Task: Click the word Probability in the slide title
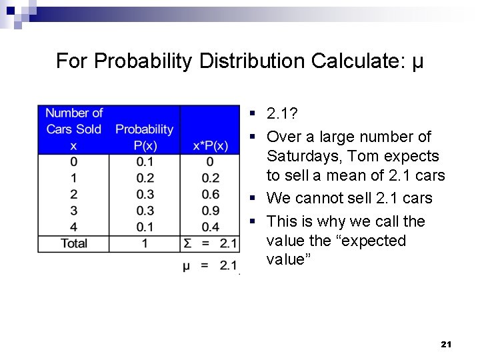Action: click(x=143, y=61)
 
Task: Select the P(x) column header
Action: click(x=145, y=145)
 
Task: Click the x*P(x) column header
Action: click(x=210, y=145)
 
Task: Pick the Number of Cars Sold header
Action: click(x=73, y=129)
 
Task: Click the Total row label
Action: click(x=73, y=243)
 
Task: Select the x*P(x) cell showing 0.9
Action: click(x=210, y=211)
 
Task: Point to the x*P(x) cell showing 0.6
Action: click(x=210, y=194)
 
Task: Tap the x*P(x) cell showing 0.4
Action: click(x=210, y=227)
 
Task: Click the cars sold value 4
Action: click(x=73, y=227)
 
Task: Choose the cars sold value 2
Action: click(x=73, y=194)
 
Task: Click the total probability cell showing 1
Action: click(x=145, y=243)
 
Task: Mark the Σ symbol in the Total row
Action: click(x=188, y=243)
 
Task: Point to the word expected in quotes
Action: click(x=371, y=240)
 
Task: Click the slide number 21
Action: click(x=447, y=344)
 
